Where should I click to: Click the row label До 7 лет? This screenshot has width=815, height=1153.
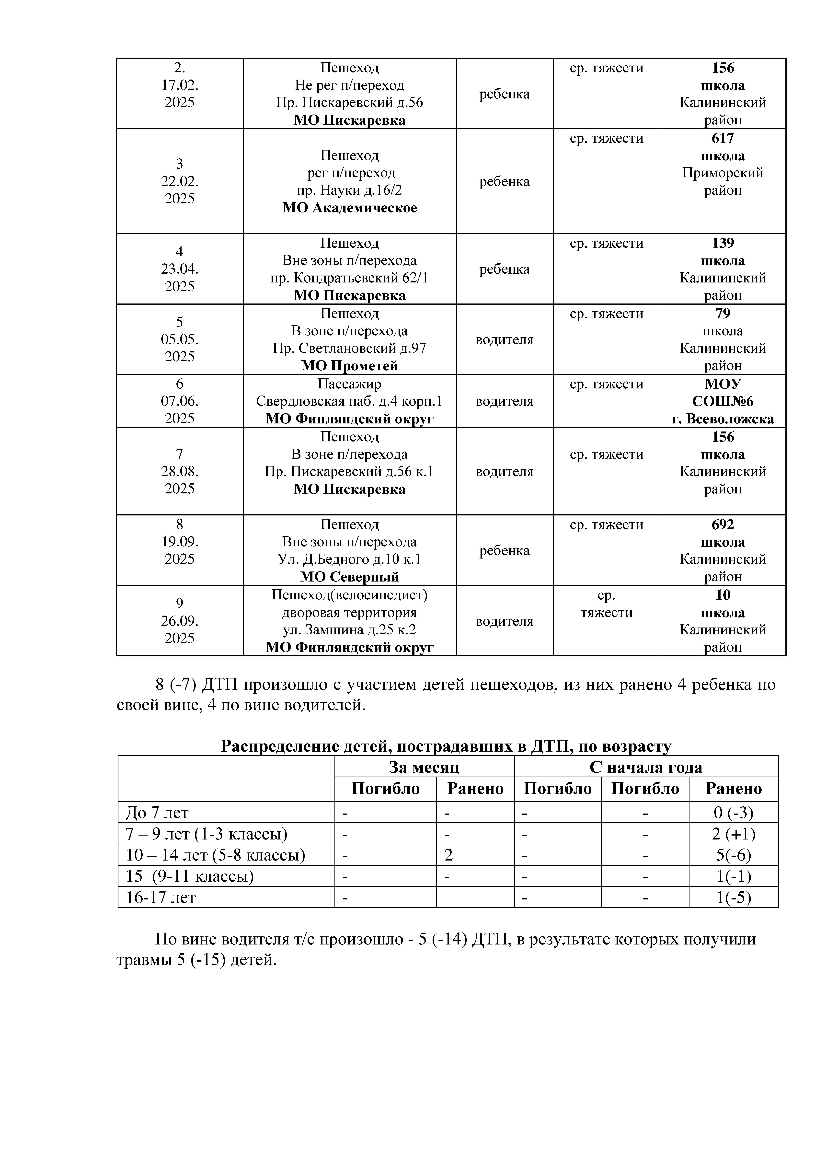tap(157, 813)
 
